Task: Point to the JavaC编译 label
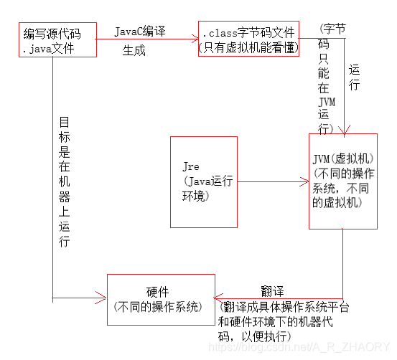click(x=140, y=32)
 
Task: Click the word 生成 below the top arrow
click(x=134, y=50)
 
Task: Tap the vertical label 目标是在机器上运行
click(x=64, y=181)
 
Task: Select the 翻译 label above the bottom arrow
click(x=272, y=291)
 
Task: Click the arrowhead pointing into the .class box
click(x=195, y=39)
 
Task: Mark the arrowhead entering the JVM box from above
click(x=345, y=131)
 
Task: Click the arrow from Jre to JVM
click(x=274, y=181)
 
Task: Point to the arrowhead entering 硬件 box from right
click(x=218, y=298)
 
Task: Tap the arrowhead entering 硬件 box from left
click(x=101, y=298)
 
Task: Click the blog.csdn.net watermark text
click(x=299, y=347)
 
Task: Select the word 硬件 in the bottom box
click(x=157, y=292)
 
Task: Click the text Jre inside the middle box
click(x=191, y=166)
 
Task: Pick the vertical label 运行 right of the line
click(x=354, y=77)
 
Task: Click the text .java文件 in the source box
click(x=48, y=49)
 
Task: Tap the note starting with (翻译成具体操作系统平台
click(x=284, y=322)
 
